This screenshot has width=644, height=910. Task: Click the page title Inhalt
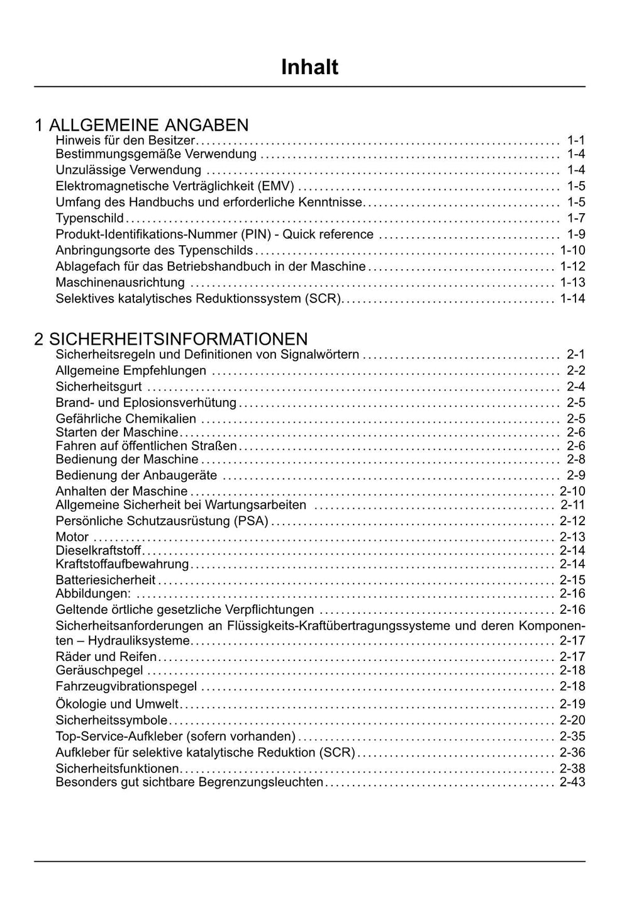click(x=309, y=67)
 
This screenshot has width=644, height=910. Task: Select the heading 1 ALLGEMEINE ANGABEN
click(x=142, y=125)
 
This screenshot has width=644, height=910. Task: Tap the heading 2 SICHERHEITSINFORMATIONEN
click(x=171, y=339)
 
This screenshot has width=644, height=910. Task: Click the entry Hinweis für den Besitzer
click(x=125, y=140)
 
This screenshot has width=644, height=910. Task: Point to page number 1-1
click(x=575, y=140)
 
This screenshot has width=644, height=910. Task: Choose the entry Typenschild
click(x=90, y=218)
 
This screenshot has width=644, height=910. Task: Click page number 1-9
click(x=575, y=234)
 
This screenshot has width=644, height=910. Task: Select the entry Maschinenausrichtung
click(x=120, y=282)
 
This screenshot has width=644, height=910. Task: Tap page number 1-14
click(x=572, y=298)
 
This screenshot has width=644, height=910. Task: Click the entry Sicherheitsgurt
click(x=99, y=387)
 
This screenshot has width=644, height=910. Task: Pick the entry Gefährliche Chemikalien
click(x=126, y=419)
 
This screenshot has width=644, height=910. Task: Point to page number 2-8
click(x=575, y=459)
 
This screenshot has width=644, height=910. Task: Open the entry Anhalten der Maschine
click(x=121, y=491)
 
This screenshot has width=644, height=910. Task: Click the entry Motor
click(x=72, y=537)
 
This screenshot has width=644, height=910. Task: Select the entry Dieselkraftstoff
click(x=98, y=550)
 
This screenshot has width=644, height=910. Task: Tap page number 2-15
click(x=572, y=580)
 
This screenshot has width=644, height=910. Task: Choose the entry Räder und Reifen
click(x=106, y=657)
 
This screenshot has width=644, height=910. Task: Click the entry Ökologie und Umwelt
click(x=117, y=704)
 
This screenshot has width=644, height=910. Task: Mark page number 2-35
click(x=572, y=736)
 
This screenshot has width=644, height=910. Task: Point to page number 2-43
click(x=572, y=782)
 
